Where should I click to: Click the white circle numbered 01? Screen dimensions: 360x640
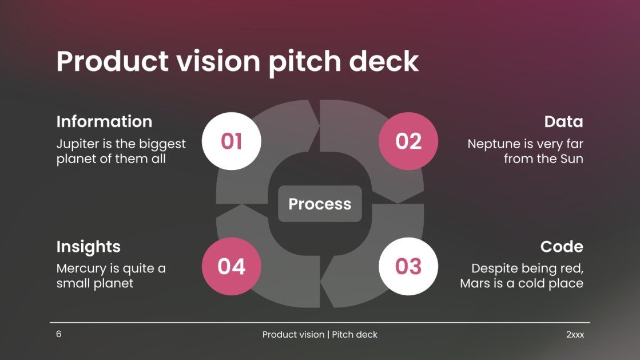[231, 141]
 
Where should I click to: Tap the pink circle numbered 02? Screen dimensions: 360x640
[408, 141]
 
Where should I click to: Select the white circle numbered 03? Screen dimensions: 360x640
[408, 266]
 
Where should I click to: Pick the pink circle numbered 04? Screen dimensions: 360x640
[231, 266]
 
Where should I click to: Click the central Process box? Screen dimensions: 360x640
[320, 204]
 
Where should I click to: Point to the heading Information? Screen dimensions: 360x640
[104, 121]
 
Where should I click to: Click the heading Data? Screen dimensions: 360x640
[563, 121]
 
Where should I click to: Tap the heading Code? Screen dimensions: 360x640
[562, 247]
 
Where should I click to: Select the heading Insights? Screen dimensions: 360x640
[88, 247]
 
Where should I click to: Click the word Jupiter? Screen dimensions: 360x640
[76, 144]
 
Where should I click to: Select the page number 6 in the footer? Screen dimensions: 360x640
[58, 334]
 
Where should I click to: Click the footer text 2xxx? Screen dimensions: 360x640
[575, 335]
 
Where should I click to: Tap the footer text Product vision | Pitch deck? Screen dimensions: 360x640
[320, 335]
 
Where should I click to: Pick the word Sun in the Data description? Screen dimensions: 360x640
[570, 159]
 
